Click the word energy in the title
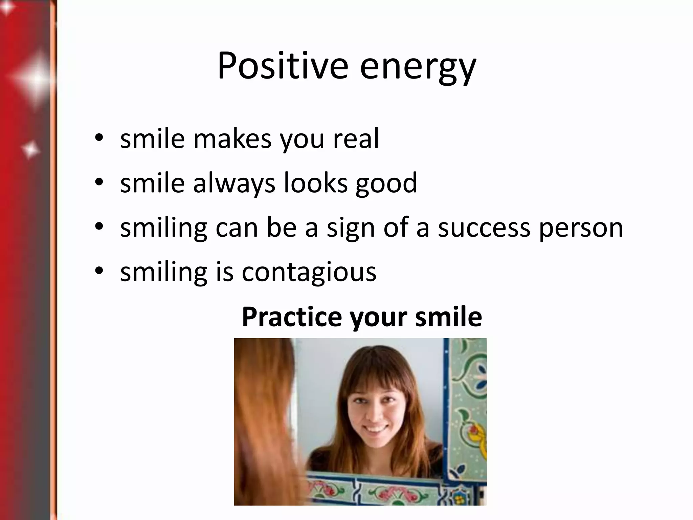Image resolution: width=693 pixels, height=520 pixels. pos(418,68)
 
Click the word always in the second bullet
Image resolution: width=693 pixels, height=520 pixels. pos(234,184)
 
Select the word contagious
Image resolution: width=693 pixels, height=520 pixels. pos(309,273)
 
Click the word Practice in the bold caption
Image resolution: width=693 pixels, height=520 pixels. pos(292,317)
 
